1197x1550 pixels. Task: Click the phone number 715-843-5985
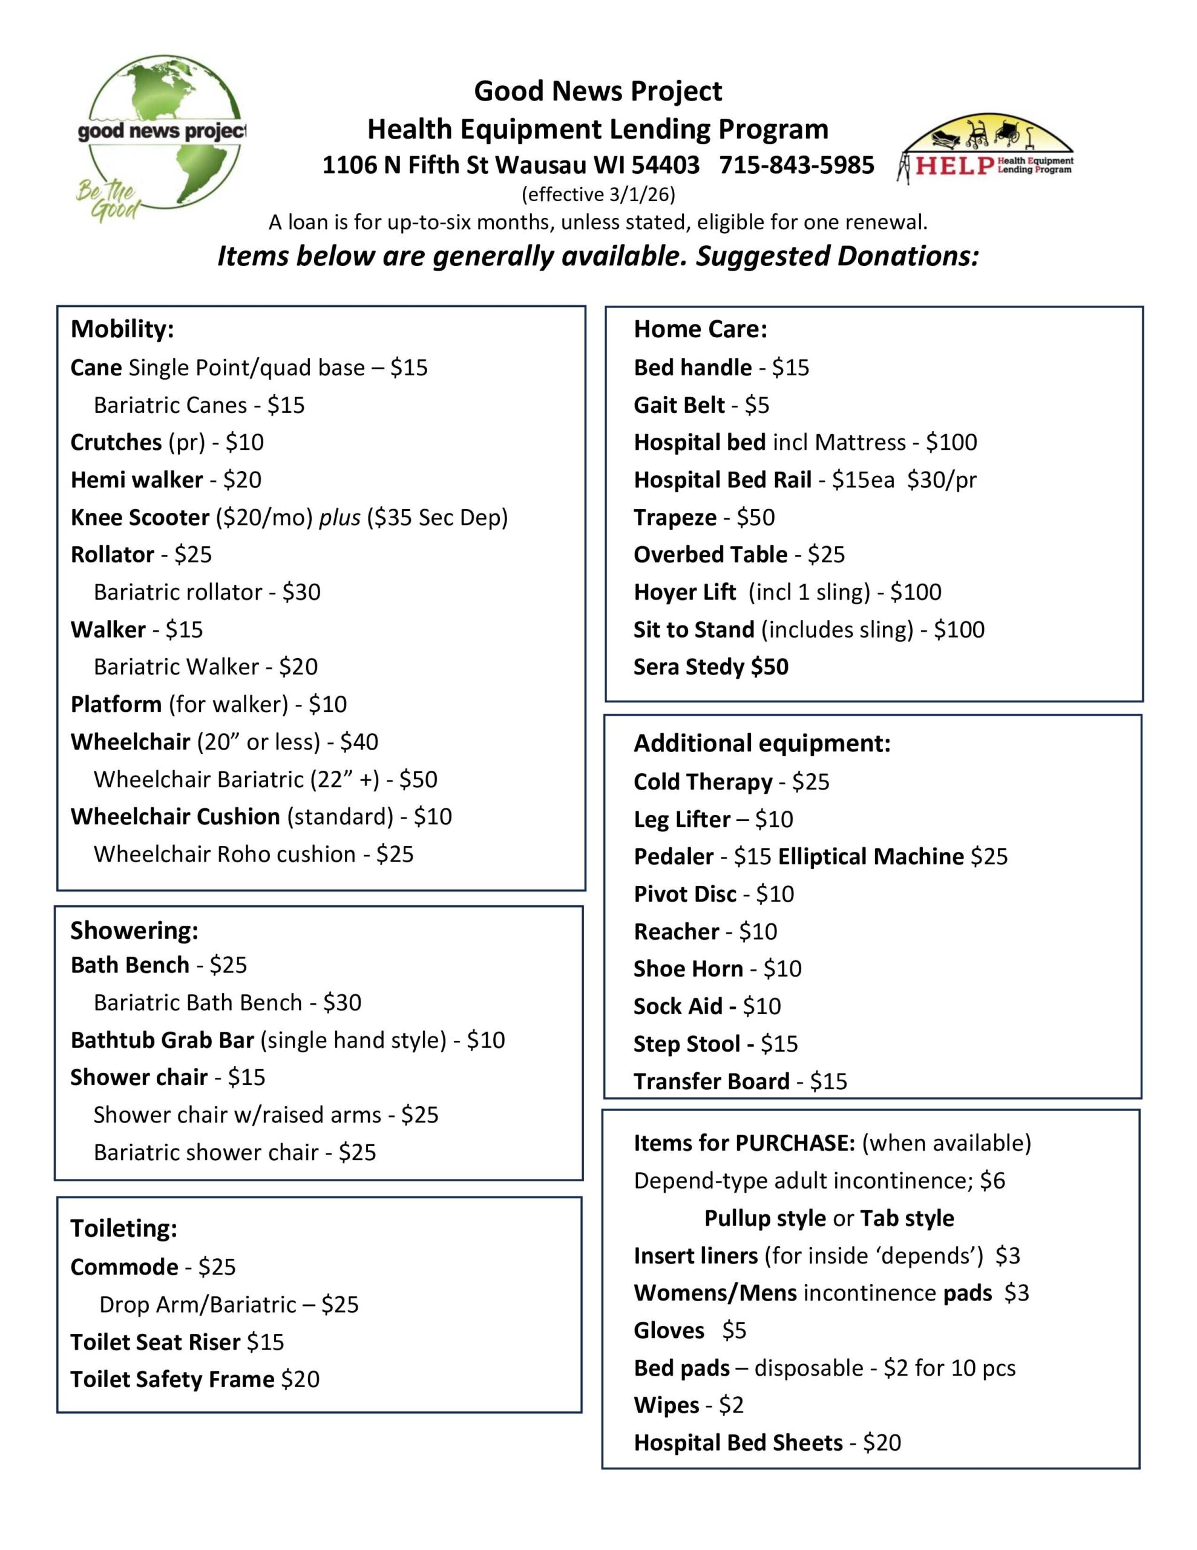click(x=796, y=165)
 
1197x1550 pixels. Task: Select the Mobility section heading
click(x=122, y=329)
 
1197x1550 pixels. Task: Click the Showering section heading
click(x=134, y=931)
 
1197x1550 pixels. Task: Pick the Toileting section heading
click(x=123, y=1228)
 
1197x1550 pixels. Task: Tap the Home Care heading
click(x=700, y=329)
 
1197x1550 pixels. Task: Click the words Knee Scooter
click(x=140, y=518)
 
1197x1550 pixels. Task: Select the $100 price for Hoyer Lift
click(x=916, y=592)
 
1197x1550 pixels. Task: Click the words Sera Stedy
click(x=689, y=667)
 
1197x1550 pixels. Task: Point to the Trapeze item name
click(x=675, y=518)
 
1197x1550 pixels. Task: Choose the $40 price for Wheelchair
click(x=359, y=742)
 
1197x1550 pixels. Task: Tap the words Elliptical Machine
click(x=871, y=857)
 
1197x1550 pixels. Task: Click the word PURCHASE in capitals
click(x=795, y=1143)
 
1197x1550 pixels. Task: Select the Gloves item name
click(x=668, y=1331)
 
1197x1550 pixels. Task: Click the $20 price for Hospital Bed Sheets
click(x=882, y=1443)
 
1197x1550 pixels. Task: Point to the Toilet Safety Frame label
click(x=172, y=1380)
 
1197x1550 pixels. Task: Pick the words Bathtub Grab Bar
click(x=162, y=1040)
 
